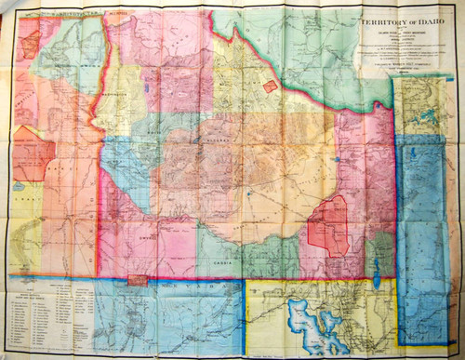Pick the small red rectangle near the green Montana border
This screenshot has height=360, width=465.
(270, 86)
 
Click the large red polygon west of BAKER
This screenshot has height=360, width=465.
(30, 153)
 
